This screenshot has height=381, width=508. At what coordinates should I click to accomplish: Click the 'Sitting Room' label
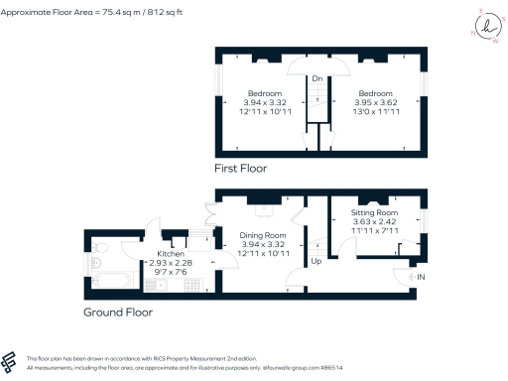point(375,213)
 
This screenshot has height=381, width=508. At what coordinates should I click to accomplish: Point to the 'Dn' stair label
point(317,78)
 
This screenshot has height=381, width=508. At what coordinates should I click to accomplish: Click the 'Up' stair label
point(317,263)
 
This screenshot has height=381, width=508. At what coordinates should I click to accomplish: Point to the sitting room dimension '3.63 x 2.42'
point(375,222)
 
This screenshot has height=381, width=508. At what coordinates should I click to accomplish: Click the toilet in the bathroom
point(94,264)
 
